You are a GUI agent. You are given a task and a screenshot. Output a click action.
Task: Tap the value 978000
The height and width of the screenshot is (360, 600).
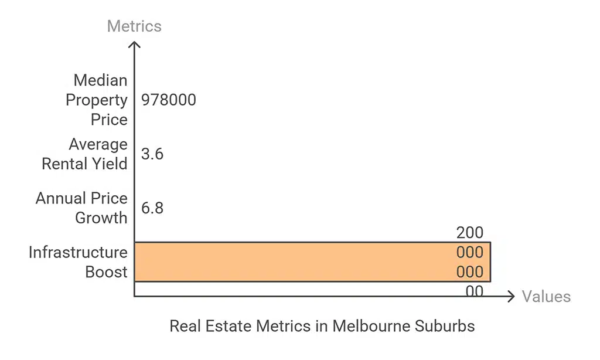tap(169, 100)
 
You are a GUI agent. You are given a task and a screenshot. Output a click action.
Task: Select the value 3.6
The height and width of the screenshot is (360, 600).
tap(152, 154)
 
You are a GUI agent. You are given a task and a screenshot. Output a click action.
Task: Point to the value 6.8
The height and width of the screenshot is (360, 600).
tap(152, 208)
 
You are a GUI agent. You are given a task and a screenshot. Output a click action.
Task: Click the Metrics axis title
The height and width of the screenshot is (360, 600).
tap(134, 26)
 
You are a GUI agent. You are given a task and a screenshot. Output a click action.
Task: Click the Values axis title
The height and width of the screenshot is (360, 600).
tap(546, 297)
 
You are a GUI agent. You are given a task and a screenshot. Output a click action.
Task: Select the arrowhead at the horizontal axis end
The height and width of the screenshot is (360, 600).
tap(512, 296)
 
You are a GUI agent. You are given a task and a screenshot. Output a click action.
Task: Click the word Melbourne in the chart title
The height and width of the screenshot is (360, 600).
tap(372, 327)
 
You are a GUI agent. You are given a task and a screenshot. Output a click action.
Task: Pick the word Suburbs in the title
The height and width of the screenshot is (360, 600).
tap(446, 327)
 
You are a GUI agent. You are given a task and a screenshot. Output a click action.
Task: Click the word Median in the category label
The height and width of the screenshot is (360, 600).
tap(100, 80)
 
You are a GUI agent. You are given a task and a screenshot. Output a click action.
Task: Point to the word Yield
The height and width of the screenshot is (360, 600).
tap(108, 164)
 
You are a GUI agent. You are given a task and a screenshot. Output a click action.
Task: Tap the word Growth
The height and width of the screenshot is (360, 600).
tap(101, 218)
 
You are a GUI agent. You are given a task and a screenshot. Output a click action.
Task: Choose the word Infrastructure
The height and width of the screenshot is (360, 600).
tap(78, 253)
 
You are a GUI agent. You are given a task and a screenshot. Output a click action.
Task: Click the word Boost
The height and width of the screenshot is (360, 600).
tap(106, 272)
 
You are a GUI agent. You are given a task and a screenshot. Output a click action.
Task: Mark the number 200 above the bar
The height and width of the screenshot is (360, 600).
tap(470, 233)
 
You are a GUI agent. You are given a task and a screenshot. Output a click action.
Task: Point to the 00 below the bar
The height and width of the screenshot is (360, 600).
tap(475, 291)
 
